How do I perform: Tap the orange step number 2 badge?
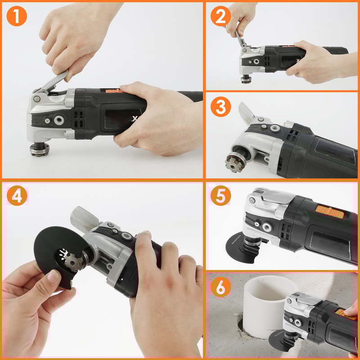[x=220, y=16]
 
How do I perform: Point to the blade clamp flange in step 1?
[x=40, y=149]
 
